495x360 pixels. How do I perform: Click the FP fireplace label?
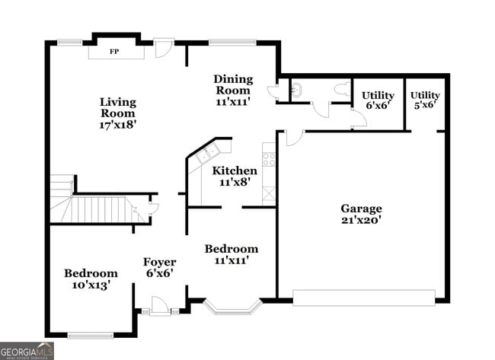tap(114, 52)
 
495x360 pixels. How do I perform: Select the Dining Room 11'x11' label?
tap(233, 89)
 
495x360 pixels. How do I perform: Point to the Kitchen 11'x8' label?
tap(235, 177)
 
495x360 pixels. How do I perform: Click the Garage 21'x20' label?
tap(361, 214)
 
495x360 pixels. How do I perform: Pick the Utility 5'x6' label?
tap(425, 100)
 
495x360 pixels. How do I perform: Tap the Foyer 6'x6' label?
tap(160, 268)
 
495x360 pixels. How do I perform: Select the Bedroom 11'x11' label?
tap(231, 254)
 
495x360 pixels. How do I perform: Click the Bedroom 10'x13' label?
tap(91, 279)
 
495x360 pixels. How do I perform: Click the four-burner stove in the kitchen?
tap(269, 159)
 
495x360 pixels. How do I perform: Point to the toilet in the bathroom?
tap(341, 89)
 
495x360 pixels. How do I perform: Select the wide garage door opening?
tap(363, 298)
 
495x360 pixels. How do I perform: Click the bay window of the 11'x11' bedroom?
tap(234, 307)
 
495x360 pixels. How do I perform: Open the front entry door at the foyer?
tap(159, 306)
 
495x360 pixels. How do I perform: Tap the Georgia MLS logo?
tap(27, 351)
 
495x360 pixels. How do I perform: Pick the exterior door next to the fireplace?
tap(163, 48)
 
